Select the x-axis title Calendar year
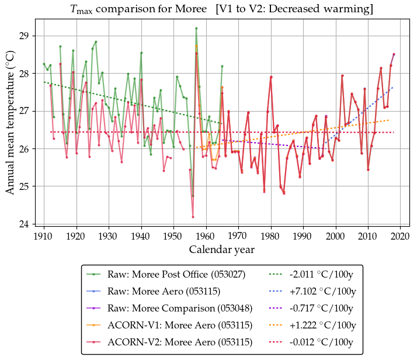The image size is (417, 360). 221,250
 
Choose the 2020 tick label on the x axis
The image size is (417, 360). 400,236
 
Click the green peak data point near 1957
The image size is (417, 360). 196,28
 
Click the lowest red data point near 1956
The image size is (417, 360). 193,217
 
